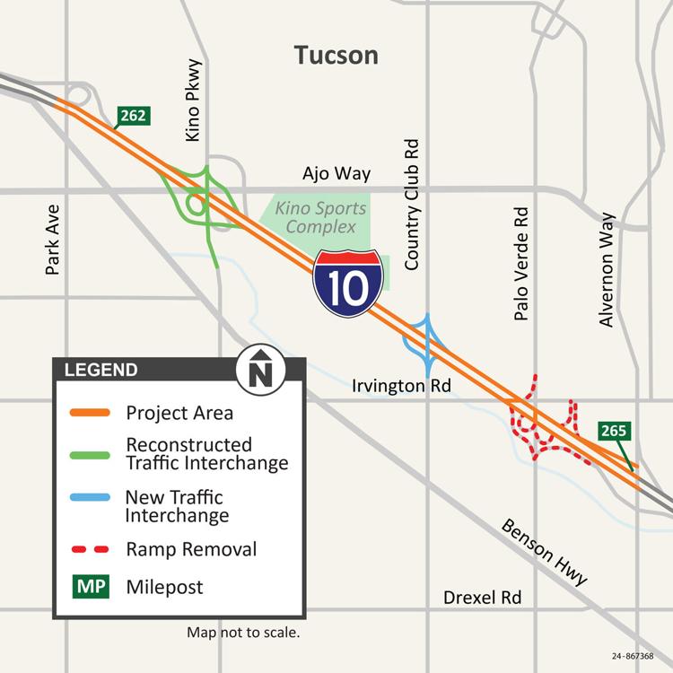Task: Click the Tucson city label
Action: click(336, 56)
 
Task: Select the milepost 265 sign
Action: click(613, 432)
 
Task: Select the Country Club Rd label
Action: click(412, 205)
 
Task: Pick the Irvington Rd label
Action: click(401, 386)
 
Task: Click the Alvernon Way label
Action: click(607, 269)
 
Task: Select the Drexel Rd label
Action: click(483, 598)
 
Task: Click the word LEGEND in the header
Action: click(101, 370)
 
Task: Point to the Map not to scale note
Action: click(242, 633)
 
